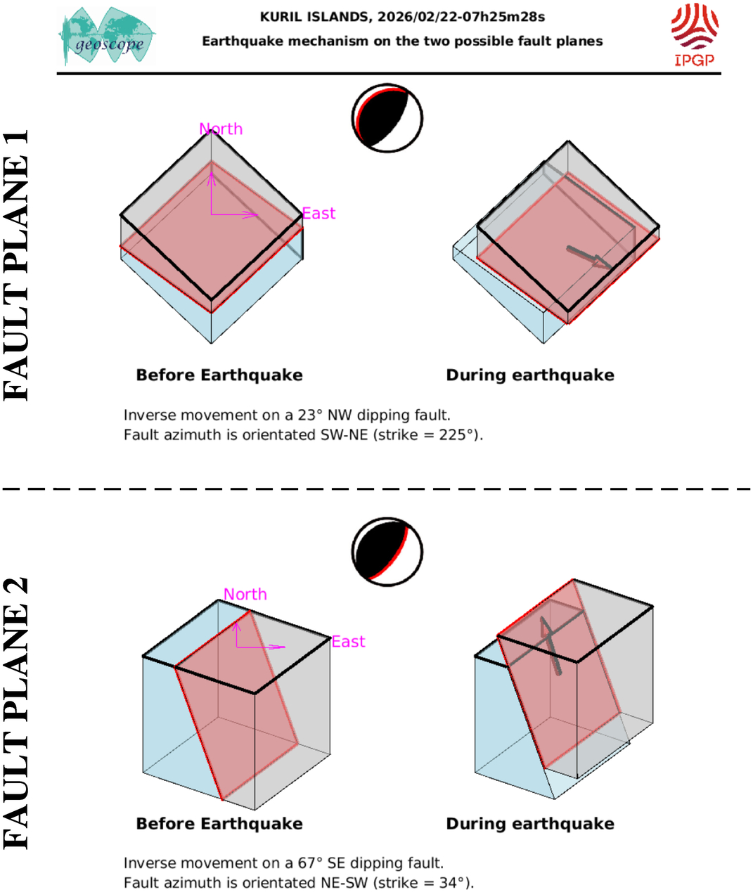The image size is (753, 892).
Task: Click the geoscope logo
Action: point(107,36)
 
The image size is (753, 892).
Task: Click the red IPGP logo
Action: point(695,35)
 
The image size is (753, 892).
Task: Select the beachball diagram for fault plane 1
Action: point(387,118)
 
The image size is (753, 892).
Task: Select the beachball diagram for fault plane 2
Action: point(387,552)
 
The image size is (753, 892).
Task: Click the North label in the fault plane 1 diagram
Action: point(221,129)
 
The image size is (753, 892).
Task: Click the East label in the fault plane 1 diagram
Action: point(318,213)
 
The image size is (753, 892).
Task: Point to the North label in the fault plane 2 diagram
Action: point(245,594)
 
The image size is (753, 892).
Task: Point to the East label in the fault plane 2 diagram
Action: point(348,642)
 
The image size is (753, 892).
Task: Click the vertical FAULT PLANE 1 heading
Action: point(15,265)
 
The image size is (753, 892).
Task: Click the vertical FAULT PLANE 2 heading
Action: point(15,714)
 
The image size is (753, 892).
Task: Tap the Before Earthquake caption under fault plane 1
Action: point(219,375)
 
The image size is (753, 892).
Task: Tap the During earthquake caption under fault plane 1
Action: point(530,375)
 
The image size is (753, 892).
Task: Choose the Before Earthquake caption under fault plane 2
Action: point(219,824)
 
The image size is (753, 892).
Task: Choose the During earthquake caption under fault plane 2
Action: point(530,824)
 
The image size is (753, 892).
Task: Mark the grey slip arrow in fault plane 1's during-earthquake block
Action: point(590,257)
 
